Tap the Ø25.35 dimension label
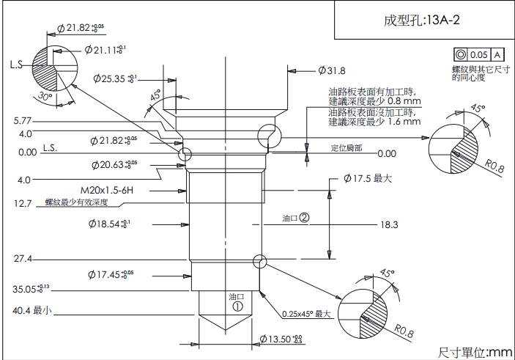pyautogui.click(x=116, y=78)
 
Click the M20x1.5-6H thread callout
pyautogui.click(x=147, y=189)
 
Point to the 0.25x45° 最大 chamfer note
pyautogui.click(x=308, y=315)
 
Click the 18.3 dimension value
pyautogui.click(x=389, y=224)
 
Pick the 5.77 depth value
pyautogui.click(x=22, y=120)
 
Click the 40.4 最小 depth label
pyautogui.click(x=32, y=311)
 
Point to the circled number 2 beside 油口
pyautogui.click(x=304, y=218)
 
